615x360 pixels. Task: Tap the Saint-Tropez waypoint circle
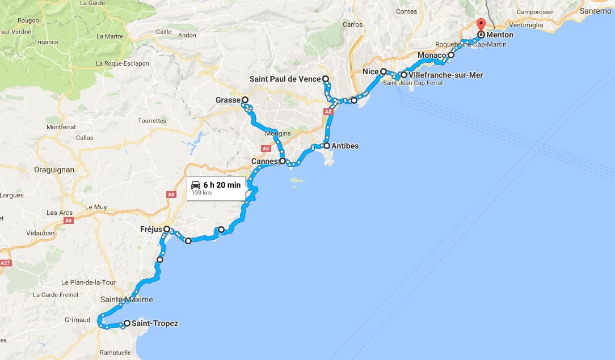127,324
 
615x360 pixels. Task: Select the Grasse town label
228,100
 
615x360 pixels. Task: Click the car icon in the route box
196,185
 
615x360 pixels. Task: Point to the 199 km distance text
199,193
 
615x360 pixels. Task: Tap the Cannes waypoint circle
282,161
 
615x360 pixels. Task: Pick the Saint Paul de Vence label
285,79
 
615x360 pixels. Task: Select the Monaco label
432,56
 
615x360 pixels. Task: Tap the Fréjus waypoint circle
167,229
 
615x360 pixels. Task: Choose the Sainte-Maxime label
127,300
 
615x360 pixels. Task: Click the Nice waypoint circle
384,72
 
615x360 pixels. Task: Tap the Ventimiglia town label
525,25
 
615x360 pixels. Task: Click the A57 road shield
5,263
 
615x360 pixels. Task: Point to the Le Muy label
96,207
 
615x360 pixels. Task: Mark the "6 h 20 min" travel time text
222,185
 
